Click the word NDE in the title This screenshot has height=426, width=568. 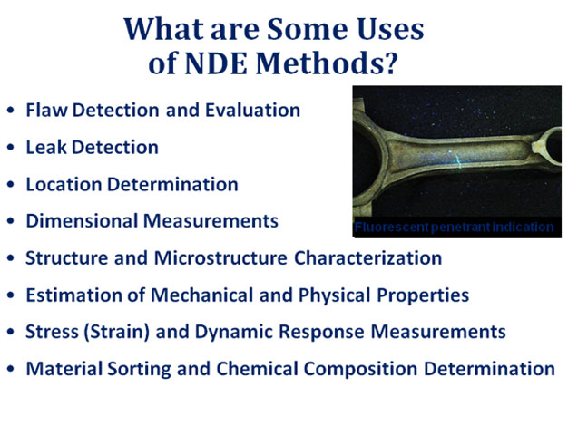click(216, 63)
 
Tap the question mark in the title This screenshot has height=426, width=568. click(390, 63)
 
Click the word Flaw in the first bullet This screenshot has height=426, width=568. click(46, 110)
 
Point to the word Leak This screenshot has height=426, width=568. click(46, 147)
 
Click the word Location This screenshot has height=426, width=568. click(64, 184)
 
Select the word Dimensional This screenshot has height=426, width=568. click(82, 221)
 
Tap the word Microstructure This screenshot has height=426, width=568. click(220, 257)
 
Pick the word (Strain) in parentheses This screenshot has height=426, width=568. click(117, 332)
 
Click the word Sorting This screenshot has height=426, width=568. click(139, 369)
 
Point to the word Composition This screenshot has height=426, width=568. click(360, 369)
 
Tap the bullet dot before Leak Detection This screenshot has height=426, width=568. click(11, 147)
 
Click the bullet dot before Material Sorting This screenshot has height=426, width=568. click(11, 369)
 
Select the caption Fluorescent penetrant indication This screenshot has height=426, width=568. click(454, 227)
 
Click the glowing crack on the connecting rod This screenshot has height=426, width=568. click(457, 160)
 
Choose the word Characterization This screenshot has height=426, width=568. click(367, 257)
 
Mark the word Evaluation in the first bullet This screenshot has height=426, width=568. click(253, 110)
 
